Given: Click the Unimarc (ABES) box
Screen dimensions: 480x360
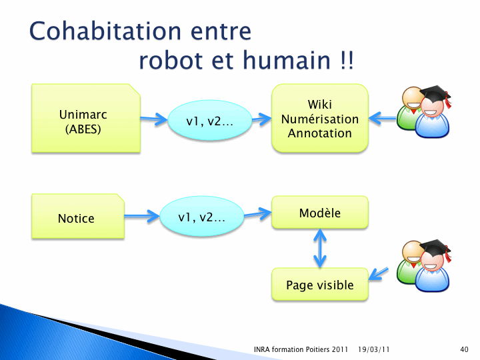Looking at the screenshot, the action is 86,118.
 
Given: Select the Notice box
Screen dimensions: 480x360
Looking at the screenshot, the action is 78,216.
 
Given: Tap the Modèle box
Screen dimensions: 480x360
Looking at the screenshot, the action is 320,212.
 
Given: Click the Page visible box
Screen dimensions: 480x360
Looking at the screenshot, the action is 320,285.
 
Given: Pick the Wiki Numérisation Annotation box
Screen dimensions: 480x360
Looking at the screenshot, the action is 320,118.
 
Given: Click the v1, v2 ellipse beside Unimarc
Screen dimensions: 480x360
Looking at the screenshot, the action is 210,120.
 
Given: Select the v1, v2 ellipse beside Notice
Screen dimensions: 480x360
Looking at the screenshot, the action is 202,216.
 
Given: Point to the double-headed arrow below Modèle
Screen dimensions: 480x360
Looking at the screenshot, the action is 320,248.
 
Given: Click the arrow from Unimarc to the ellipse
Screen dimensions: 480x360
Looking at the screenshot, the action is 154,119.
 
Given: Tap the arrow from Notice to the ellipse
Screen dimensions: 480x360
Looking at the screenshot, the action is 142,216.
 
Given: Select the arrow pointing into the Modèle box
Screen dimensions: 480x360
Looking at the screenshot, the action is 257,213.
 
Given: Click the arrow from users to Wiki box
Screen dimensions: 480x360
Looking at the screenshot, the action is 383,118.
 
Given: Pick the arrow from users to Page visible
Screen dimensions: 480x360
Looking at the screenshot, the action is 379,274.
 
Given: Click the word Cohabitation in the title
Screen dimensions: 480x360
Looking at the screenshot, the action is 105,31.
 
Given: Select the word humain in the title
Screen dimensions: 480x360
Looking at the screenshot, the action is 287,60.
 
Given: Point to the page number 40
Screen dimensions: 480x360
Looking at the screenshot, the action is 464,349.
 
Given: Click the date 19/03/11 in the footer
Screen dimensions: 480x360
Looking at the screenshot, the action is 374,349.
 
